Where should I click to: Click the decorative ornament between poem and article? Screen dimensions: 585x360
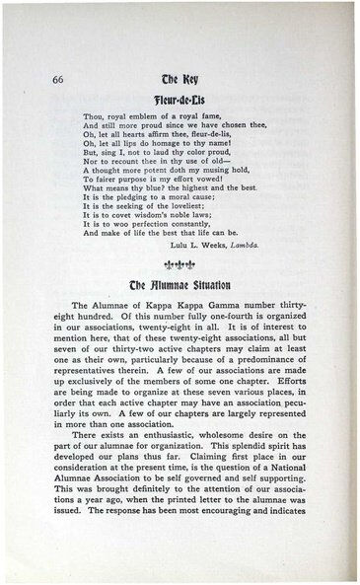(x=184, y=267)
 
